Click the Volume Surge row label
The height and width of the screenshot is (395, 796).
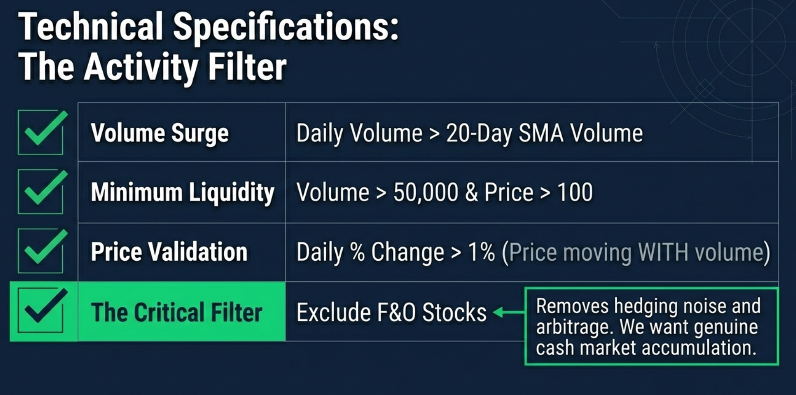[x=160, y=133]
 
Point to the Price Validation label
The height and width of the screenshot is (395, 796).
[x=169, y=252]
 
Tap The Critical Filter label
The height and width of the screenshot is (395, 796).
[x=176, y=313]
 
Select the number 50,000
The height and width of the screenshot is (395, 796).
[x=425, y=192]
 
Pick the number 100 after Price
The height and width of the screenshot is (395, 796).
[x=575, y=192]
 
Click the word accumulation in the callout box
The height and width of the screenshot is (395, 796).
[x=700, y=348]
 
